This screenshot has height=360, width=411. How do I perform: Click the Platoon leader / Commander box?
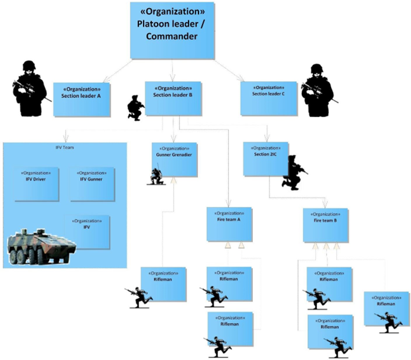pyautogui.click(x=172, y=30)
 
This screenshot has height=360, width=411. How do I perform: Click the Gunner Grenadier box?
pyautogui.click(x=174, y=159)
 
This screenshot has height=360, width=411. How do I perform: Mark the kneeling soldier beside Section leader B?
pyautogui.click(x=136, y=108)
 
